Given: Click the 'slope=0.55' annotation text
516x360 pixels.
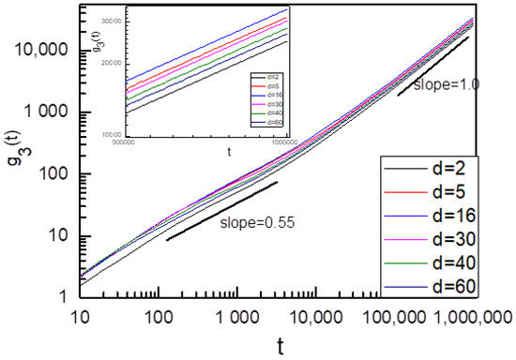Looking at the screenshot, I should (254, 222).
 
